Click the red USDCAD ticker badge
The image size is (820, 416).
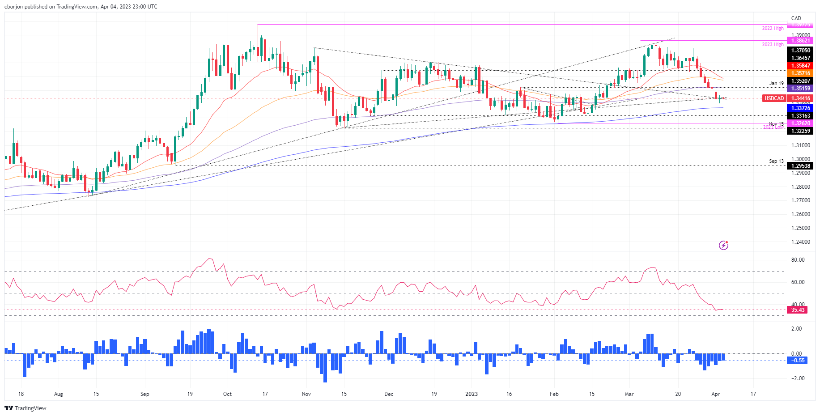tap(774, 98)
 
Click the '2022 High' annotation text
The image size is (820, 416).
tap(773, 29)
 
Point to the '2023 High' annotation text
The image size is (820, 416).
tap(773, 45)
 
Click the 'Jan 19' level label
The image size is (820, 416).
tap(776, 84)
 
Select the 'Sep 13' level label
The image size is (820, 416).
tap(776, 161)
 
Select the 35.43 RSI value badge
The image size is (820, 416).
tap(798, 310)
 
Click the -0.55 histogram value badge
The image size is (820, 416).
tap(798, 361)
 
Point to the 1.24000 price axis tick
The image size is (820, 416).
tap(800, 242)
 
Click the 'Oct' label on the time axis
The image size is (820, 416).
tap(227, 394)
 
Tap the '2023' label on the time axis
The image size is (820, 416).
tap(472, 394)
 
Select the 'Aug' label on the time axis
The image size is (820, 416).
tap(58, 394)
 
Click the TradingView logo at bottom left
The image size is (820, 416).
tap(25, 408)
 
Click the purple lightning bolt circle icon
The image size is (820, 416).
tap(723, 245)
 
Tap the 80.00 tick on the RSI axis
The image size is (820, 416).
tap(798, 260)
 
